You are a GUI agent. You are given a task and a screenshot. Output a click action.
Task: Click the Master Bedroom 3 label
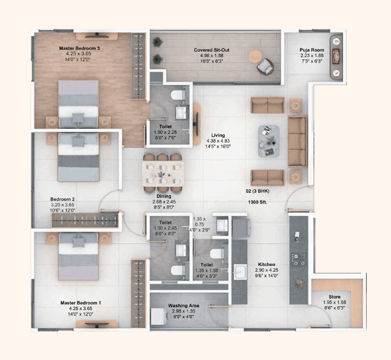[x=79, y=48]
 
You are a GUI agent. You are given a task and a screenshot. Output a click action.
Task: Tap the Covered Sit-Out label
[x=211, y=50]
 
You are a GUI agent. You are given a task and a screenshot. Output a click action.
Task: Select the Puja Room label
[x=311, y=50]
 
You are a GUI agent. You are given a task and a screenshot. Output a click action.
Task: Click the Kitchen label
[x=266, y=265]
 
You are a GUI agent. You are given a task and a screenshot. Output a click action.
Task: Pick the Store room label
[x=334, y=297]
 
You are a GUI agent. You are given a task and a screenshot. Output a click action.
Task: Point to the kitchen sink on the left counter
[x=239, y=272]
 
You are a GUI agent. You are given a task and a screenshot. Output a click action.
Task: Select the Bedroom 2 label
[x=63, y=199]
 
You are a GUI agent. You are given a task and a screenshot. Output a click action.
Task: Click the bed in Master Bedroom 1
[x=78, y=257]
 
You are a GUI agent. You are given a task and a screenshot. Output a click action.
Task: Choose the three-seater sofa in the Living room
[x=297, y=141]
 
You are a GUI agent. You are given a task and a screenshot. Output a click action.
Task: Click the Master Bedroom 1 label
[x=80, y=303]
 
